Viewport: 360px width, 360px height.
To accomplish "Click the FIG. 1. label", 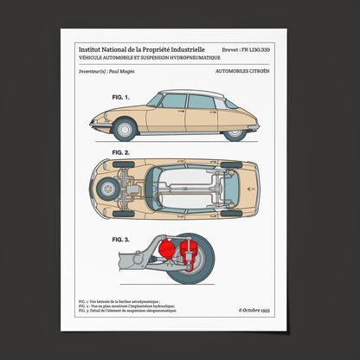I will pyautogui.click(x=119, y=98).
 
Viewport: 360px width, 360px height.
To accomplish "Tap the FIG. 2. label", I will pyautogui.click(x=119, y=152).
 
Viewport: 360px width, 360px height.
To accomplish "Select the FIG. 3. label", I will pyautogui.click(x=119, y=239).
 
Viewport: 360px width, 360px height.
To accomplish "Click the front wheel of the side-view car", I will pyautogui.click(x=125, y=130).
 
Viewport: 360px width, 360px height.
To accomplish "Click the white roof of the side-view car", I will pyautogui.click(x=199, y=93).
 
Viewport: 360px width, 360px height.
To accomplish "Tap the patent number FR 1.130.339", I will pyautogui.click(x=245, y=50).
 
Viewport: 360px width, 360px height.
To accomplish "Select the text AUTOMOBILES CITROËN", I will pyautogui.click(x=242, y=75).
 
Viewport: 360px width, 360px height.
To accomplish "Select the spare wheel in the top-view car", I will pyautogui.click(x=109, y=188).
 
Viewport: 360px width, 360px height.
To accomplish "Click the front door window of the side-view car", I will pyautogui.click(x=174, y=102).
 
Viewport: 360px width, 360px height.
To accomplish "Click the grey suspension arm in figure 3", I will pyautogui.click(x=134, y=258).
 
